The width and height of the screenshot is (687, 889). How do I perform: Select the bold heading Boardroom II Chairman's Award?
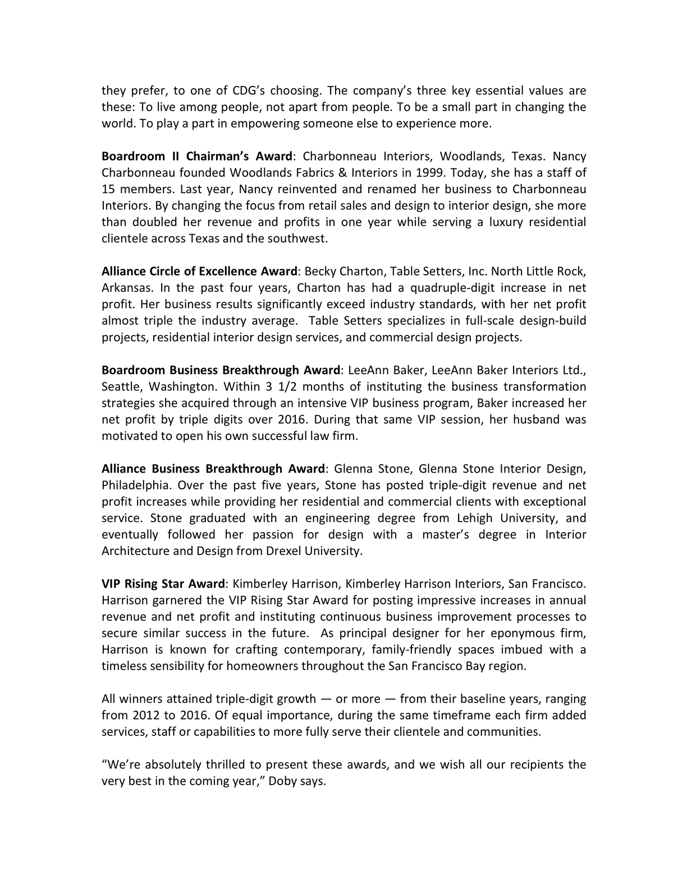pos(196,157)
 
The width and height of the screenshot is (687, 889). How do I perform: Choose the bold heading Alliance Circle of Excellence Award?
pos(199,272)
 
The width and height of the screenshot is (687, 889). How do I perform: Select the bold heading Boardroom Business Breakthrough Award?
pos(221,370)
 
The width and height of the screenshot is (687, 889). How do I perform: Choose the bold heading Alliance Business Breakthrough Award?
pos(213,469)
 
